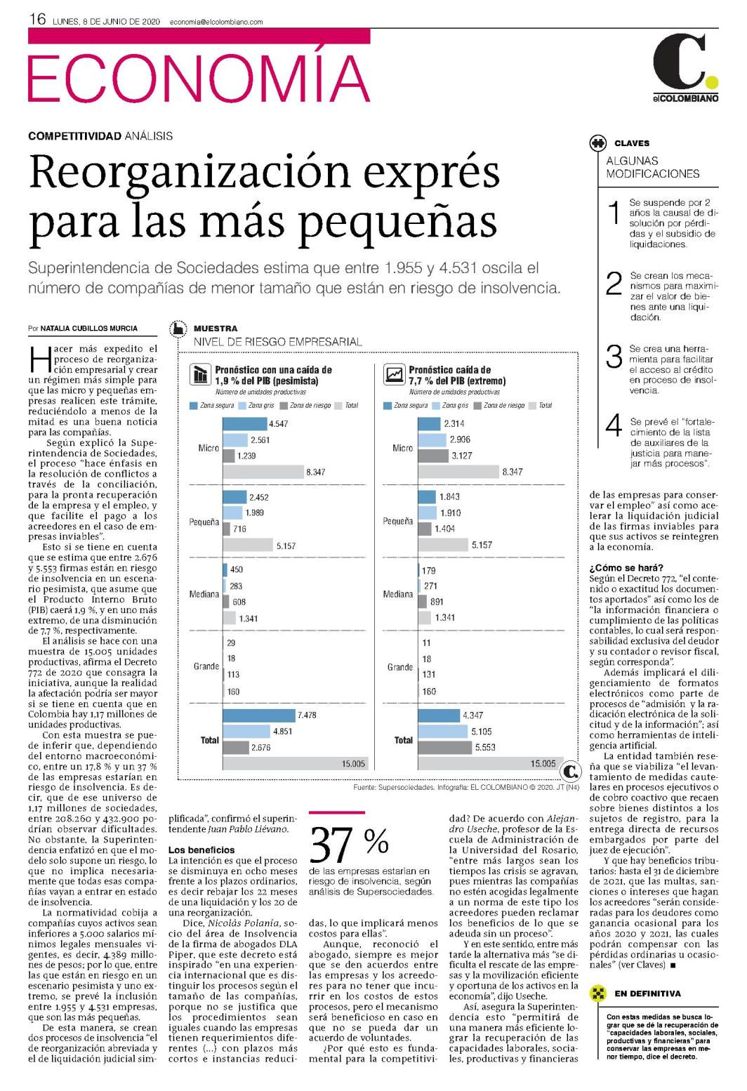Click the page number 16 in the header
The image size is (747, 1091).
pos(37,20)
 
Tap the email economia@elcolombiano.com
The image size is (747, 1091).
pos(216,22)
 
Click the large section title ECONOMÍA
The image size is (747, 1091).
pos(199,78)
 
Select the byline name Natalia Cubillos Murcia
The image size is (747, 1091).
pos(89,329)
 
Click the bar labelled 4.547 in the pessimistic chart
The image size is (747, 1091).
pos(245,424)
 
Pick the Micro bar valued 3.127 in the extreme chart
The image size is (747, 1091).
pos(433,456)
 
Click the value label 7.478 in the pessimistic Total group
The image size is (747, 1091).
pos(307,715)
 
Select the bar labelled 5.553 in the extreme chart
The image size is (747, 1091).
pos(444,747)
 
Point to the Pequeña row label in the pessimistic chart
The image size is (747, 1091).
pos(204,522)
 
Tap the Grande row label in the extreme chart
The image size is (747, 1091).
pos(399,667)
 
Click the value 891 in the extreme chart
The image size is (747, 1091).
pos(437,602)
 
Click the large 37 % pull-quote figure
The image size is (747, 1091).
pos(349,844)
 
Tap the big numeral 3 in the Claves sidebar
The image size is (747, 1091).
pos(614,357)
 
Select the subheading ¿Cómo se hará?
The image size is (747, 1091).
pos(626,567)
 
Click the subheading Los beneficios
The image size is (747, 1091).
pos(201,850)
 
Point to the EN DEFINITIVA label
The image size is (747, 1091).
pos(648,993)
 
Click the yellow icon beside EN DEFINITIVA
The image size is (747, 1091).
pos(597,993)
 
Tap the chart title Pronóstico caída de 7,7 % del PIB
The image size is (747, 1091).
pos(457,375)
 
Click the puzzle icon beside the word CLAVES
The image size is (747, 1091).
pos(597,143)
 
